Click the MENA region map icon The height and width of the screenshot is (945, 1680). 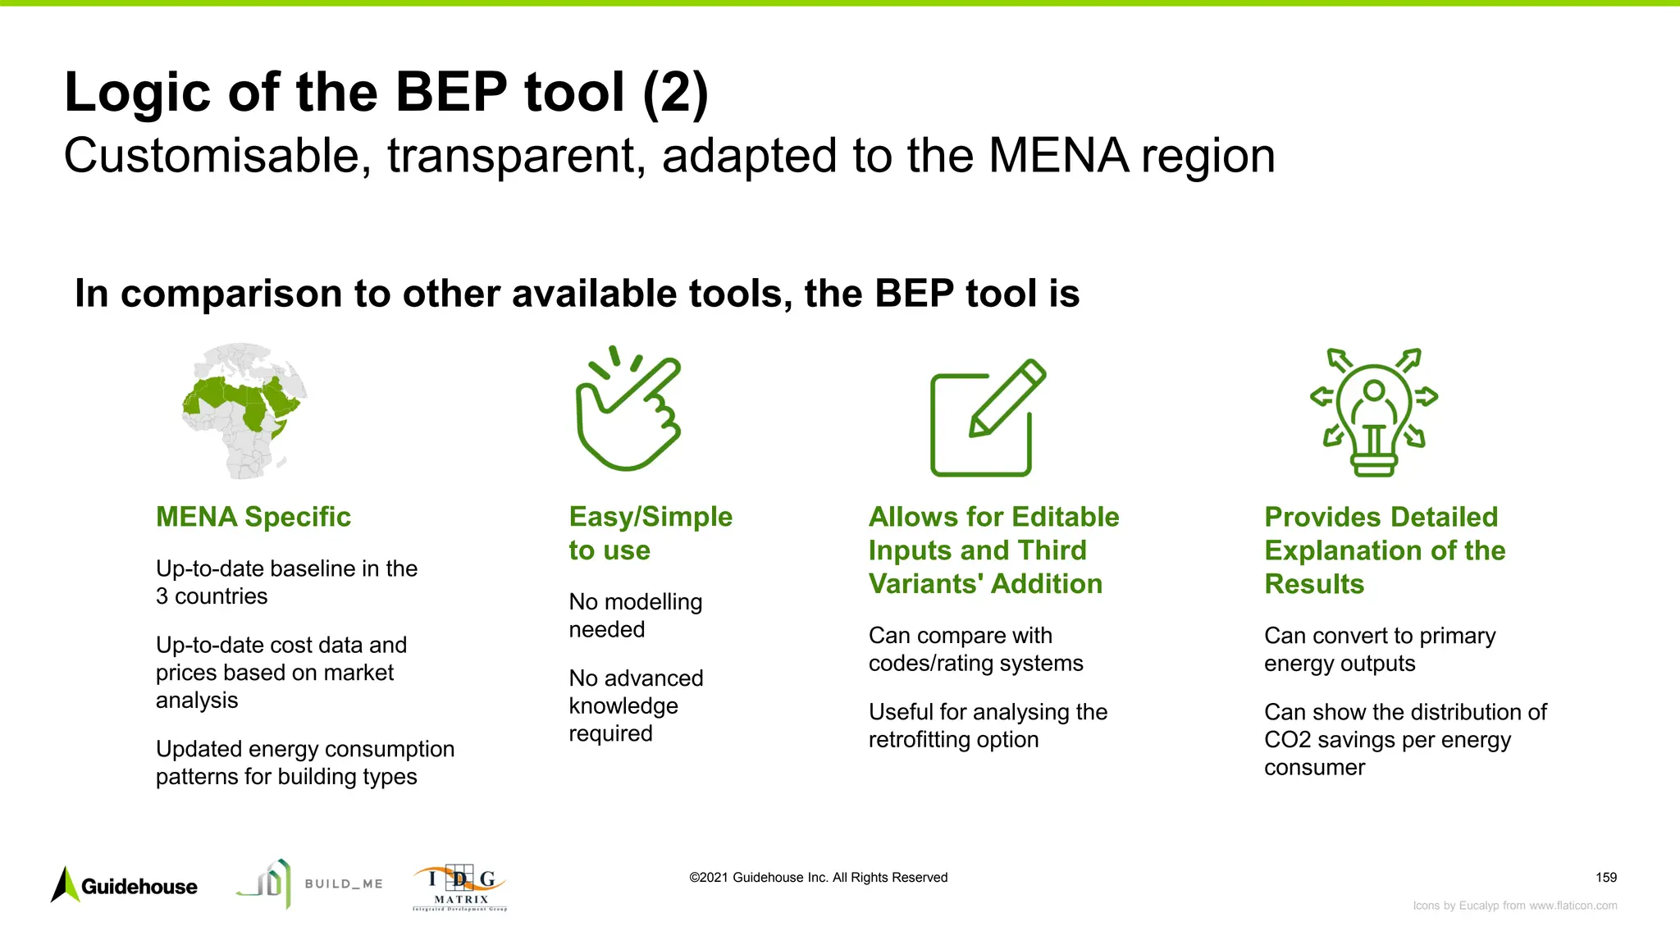244,410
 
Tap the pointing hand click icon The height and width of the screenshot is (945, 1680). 628,410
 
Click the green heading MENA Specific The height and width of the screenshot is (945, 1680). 253,517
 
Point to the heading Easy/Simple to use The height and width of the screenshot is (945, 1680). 650,533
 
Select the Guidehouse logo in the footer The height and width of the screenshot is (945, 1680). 125,886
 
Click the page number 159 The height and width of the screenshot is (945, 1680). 1605,878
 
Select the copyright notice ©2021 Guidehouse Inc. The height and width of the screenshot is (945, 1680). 818,878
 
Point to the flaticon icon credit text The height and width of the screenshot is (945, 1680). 1514,906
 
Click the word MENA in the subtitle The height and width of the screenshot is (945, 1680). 1058,156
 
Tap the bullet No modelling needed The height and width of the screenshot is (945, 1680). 635,615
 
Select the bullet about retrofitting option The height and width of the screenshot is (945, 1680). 987,726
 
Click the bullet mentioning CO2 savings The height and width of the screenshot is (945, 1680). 1404,739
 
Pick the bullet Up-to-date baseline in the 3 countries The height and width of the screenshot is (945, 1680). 286,582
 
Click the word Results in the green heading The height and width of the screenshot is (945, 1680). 1314,584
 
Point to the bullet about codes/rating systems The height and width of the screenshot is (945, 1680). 975,649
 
